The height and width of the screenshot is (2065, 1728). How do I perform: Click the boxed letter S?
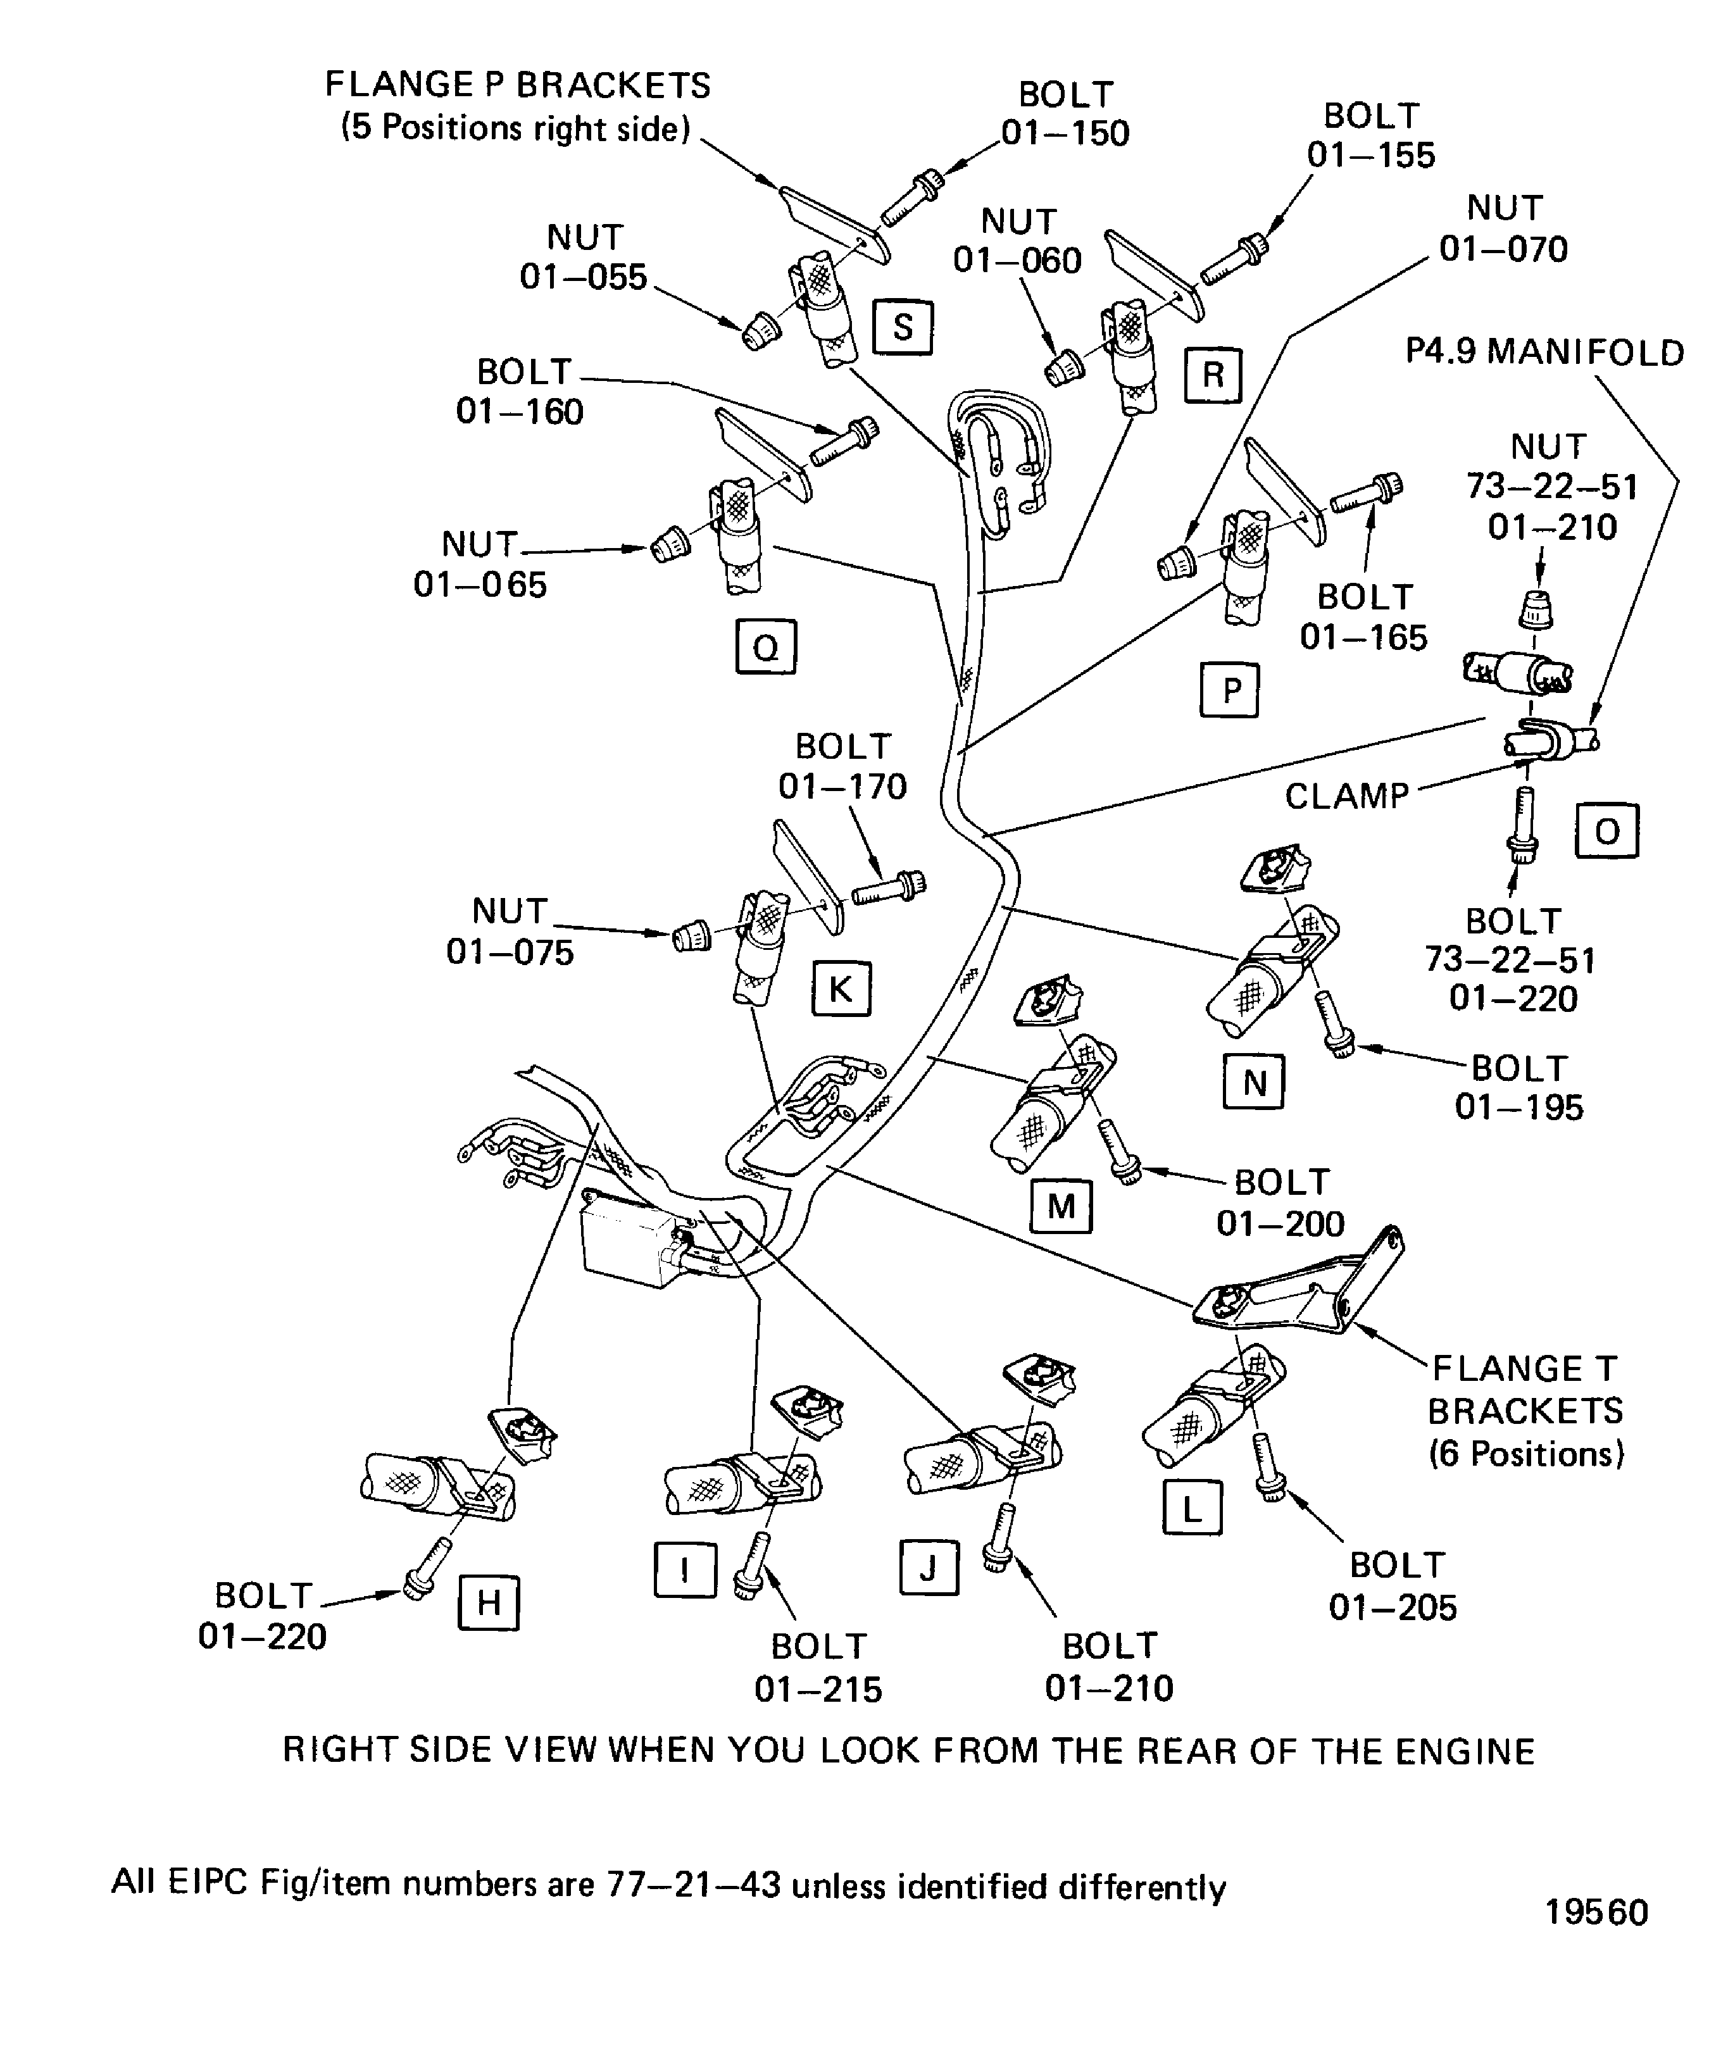pos(902,327)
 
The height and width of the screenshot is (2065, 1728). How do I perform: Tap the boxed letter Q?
pos(765,646)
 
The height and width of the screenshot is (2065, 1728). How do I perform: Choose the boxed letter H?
pos(489,1604)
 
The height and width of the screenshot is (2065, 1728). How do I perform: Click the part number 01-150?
pos(1065,134)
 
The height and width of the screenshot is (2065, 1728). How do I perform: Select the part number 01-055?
pos(583,277)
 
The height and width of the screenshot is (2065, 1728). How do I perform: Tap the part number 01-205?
pos(1393,1607)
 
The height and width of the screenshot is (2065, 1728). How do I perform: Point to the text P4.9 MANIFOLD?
pos(1544,352)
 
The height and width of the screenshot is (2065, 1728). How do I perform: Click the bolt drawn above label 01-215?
pos(753,1564)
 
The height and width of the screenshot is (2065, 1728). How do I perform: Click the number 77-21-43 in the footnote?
pos(693,1885)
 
